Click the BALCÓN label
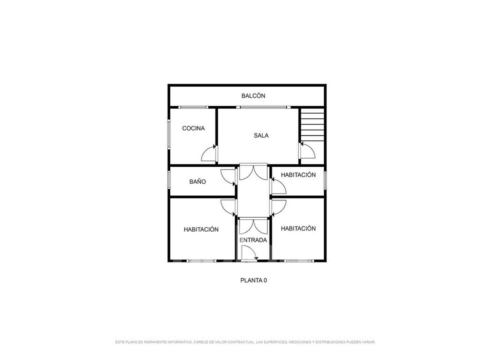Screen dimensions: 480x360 pos(253,96)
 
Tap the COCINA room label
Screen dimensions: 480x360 pos(193,128)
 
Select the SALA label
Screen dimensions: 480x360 pos(261,136)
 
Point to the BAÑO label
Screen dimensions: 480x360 pos(197,181)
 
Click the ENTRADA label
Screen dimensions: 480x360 pos(253,240)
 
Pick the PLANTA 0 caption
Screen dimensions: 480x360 pos(253,280)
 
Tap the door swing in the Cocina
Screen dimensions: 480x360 pos(208,153)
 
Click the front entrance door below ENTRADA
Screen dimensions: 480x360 pos(249,253)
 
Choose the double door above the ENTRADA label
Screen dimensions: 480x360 pos(253,227)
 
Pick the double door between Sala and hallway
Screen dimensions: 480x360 pos(253,173)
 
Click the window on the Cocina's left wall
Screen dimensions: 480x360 pos(169,134)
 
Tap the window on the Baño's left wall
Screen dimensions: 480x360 pos(169,180)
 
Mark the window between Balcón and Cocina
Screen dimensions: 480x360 pos(193,107)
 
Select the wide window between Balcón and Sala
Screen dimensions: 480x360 pos(263,107)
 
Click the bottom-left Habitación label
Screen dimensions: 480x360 pos(201,229)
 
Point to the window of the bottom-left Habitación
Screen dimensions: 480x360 pos(201,261)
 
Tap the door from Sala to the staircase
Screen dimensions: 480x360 pos(307,150)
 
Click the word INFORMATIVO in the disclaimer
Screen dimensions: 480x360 pos(180,342)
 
